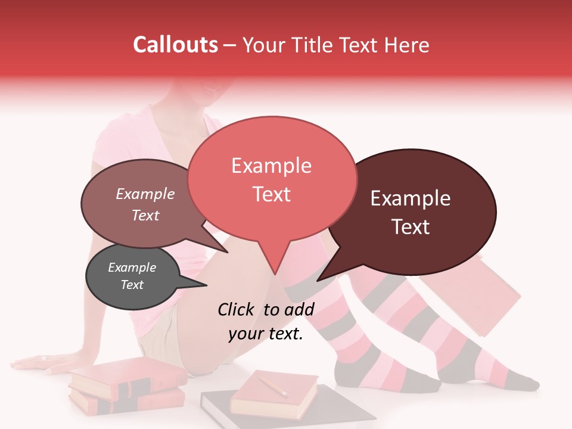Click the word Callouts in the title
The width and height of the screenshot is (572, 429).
pyautogui.click(x=175, y=45)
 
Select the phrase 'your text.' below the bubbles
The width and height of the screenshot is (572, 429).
pyautogui.click(x=265, y=334)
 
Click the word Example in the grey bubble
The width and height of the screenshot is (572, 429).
pyautogui.click(x=132, y=268)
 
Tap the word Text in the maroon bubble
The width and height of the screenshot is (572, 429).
pyautogui.click(x=411, y=227)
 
